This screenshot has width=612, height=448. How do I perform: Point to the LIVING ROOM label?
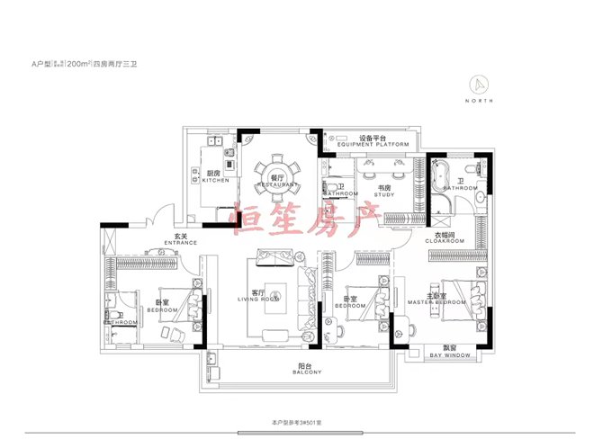tap(256, 296)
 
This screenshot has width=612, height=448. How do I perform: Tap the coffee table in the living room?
tap(274, 293)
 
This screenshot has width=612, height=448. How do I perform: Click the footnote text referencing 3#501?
tap(304, 422)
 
